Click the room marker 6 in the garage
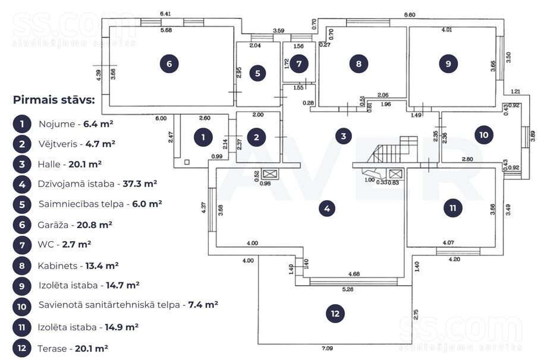(x=169, y=64)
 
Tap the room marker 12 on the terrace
(x=335, y=313)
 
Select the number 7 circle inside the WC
(x=299, y=63)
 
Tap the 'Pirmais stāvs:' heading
(x=54, y=100)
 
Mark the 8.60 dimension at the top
(x=410, y=14)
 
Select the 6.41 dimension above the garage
(x=166, y=14)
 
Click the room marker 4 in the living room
(x=326, y=209)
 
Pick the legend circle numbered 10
(x=21, y=306)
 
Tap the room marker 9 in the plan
(x=448, y=64)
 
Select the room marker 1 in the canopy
(x=203, y=137)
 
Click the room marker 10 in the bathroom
(x=484, y=135)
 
